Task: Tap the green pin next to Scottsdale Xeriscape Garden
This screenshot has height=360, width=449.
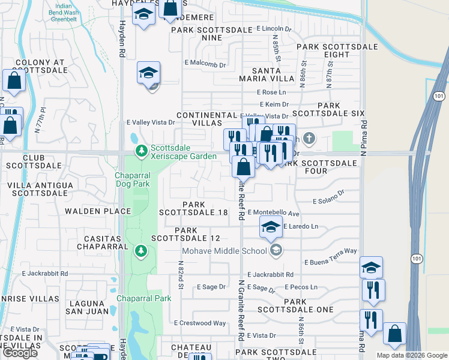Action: tap(141, 151)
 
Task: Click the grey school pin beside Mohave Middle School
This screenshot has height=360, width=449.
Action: tap(276, 251)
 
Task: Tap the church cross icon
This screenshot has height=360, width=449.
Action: tap(309, 139)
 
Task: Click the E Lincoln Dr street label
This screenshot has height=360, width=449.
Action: tap(274, 29)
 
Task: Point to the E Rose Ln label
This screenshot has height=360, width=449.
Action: tap(271, 92)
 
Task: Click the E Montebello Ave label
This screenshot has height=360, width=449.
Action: tap(273, 213)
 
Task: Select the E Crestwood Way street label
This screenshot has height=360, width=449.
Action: tap(200, 323)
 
